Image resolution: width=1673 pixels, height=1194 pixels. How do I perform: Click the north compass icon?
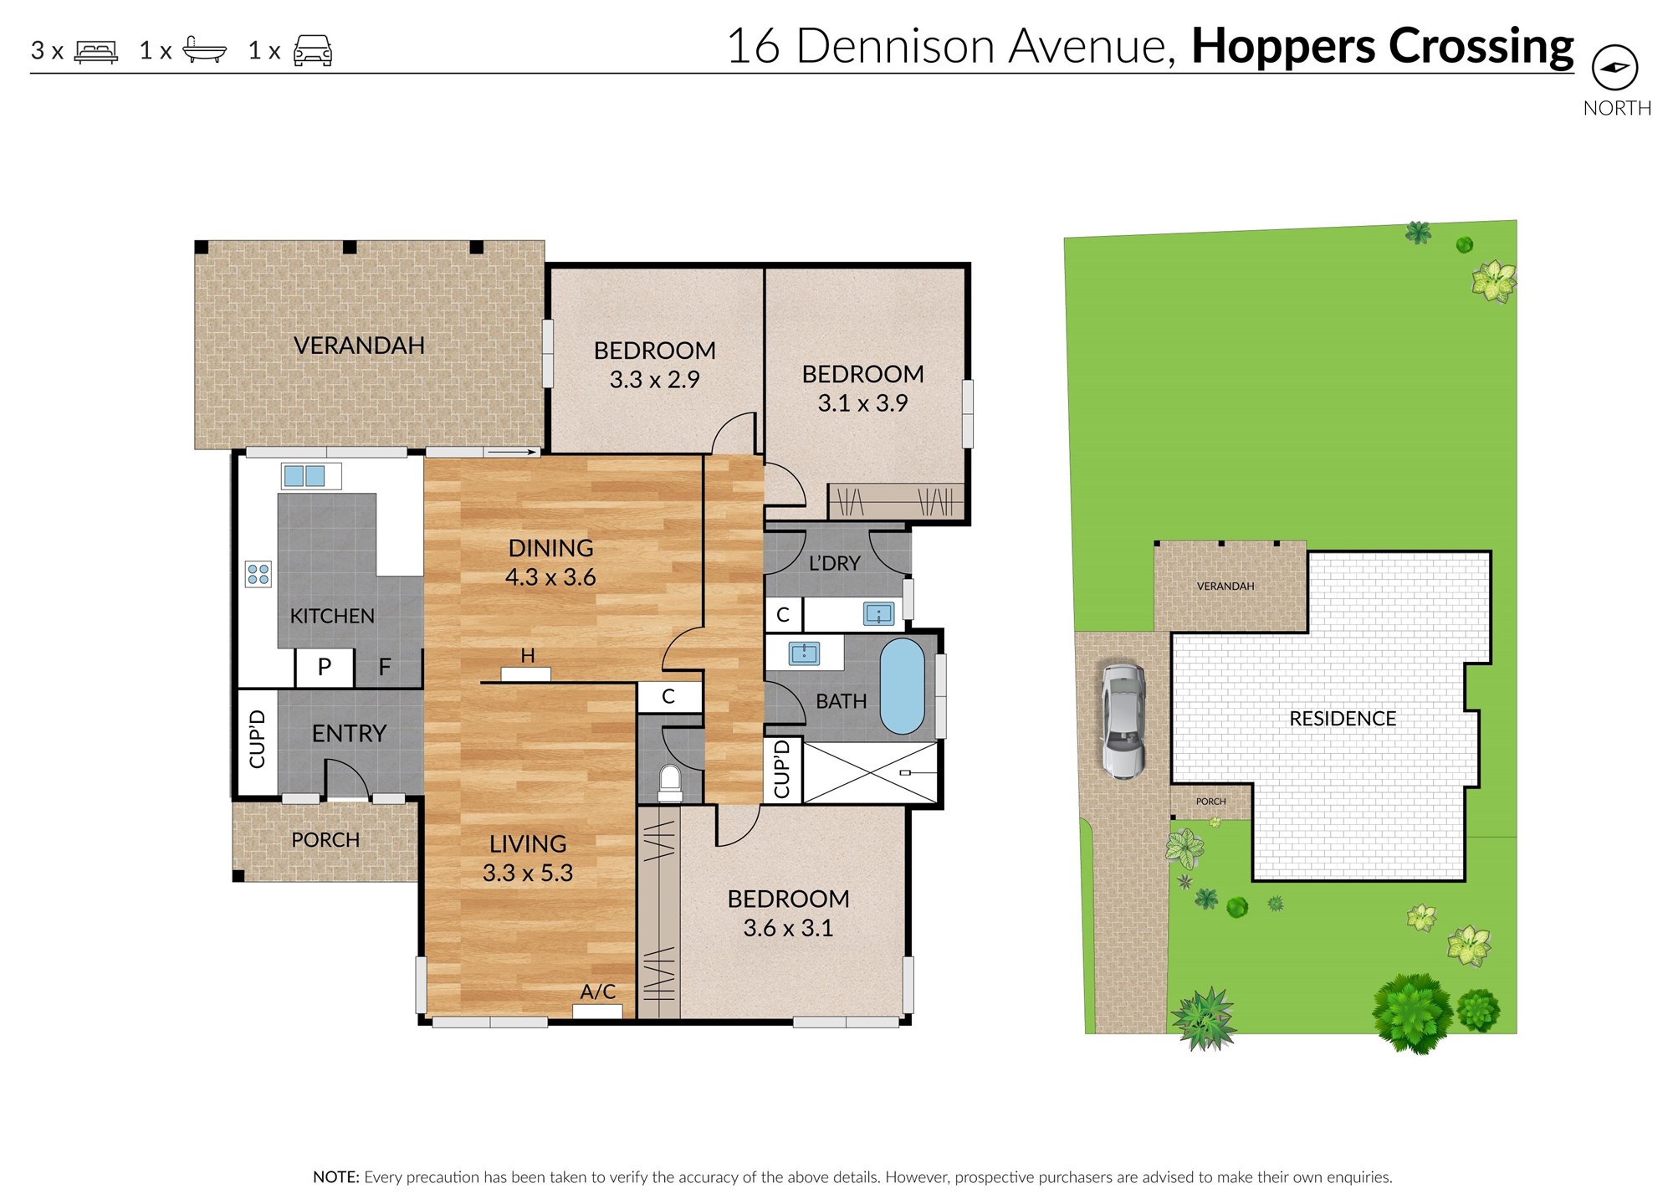(1614, 68)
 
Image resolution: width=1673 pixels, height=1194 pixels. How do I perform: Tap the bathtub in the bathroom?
(902, 686)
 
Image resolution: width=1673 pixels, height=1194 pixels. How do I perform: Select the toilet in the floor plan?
(670, 784)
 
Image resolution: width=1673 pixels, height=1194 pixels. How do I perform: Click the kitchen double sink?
(304, 476)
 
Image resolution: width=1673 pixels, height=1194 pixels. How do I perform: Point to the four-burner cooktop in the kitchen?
(258, 574)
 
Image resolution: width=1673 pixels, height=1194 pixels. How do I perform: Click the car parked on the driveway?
(1122, 720)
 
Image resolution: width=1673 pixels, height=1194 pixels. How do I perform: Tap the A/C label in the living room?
(598, 992)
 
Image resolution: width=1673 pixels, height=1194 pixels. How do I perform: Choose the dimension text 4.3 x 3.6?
(550, 577)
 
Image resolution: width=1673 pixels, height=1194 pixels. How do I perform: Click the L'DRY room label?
(834, 563)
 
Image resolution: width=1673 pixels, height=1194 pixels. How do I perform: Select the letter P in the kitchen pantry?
(325, 667)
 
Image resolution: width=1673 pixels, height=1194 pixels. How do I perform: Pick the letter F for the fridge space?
(385, 667)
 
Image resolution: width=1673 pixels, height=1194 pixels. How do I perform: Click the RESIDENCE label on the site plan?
(1343, 719)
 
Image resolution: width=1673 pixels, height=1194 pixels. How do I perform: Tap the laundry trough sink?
(879, 614)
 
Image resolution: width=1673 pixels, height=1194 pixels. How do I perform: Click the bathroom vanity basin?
(805, 653)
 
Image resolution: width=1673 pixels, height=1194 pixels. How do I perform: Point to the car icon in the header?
(313, 50)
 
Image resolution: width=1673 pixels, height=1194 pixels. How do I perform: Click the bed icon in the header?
(96, 52)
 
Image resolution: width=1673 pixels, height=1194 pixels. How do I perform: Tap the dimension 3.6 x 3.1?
(788, 928)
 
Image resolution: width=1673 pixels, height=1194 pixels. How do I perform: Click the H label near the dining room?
(528, 656)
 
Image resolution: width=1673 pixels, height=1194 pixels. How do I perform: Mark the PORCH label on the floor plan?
(325, 839)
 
